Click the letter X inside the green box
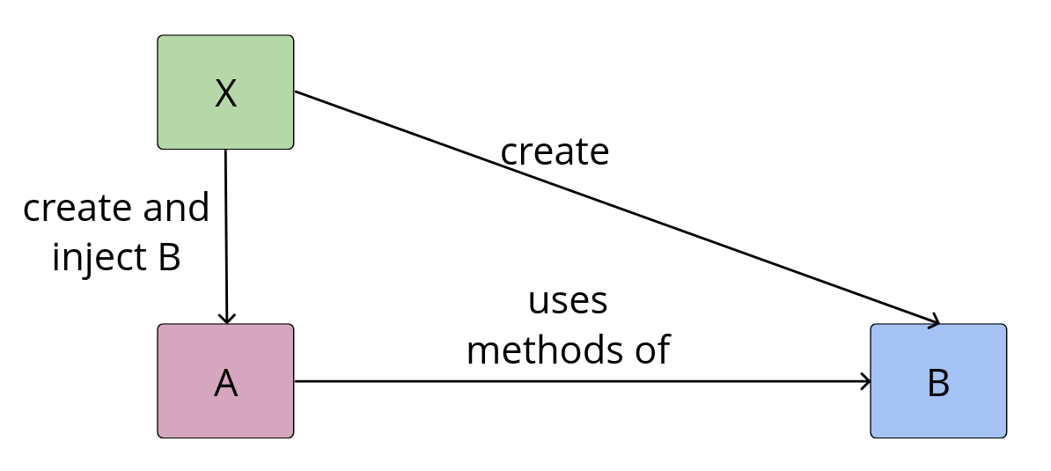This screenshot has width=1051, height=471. [225, 93]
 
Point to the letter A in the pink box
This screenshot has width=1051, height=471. [225, 382]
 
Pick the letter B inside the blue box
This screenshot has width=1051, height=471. [938, 383]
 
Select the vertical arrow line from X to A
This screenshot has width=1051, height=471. [226, 238]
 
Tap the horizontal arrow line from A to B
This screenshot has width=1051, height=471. [581, 381]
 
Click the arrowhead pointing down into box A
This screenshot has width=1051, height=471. [227, 319]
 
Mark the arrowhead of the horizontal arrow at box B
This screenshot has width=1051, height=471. [866, 381]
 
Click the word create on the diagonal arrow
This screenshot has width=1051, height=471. [555, 152]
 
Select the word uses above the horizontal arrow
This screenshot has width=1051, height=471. [568, 301]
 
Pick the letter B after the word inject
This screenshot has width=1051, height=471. [168, 258]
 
